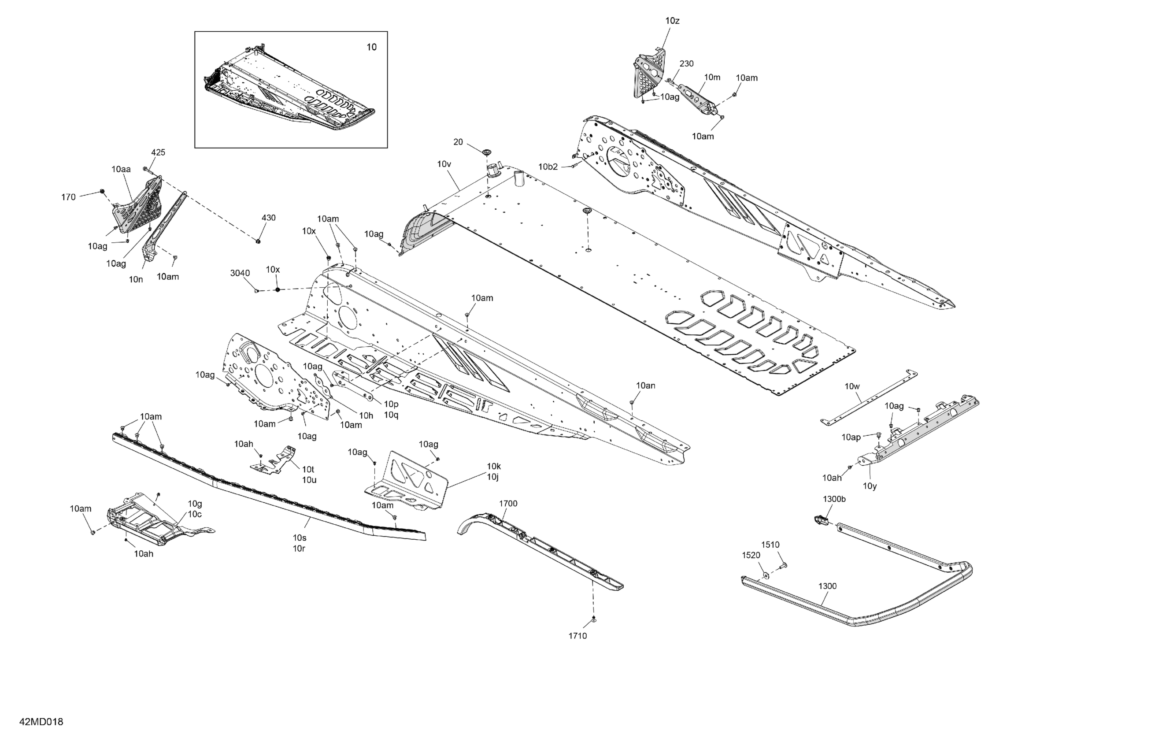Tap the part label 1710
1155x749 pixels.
coord(577,636)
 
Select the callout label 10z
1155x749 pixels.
coord(672,21)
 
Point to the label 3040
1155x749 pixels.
coord(240,273)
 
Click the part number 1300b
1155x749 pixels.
coord(834,499)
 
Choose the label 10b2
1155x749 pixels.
coord(548,167)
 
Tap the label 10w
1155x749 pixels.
coord(852,386)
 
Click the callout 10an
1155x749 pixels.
coord(645,386)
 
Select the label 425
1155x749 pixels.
coord(158,152)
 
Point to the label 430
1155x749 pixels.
coord(268,218)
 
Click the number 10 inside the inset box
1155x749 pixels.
coord(371,47)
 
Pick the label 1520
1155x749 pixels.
coord(751,555)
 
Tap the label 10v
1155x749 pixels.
coord(444,164)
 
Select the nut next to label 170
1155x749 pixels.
coord(102,192)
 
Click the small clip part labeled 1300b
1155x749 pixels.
coord(820,520)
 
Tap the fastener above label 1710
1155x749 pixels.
coord(593,619)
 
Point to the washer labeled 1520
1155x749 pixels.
coord(766,575)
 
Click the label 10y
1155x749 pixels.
coord(870,486)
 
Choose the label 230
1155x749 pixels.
coord(686,63)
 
